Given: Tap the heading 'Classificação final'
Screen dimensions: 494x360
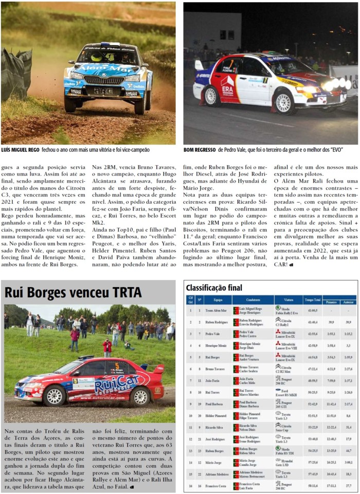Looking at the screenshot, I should click(x=213, y=288).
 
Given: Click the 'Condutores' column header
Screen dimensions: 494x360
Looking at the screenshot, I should click(x=253, y=299).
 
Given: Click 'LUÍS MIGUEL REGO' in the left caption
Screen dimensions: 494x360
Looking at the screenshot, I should click(x=20, y=150).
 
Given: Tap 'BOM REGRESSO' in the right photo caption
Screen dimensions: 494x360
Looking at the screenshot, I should click(x=199, y=150).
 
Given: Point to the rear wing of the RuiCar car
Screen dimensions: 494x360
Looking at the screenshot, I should click(x=157, y=368).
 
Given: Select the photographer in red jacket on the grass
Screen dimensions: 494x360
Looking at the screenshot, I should click(x=107, y=347).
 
